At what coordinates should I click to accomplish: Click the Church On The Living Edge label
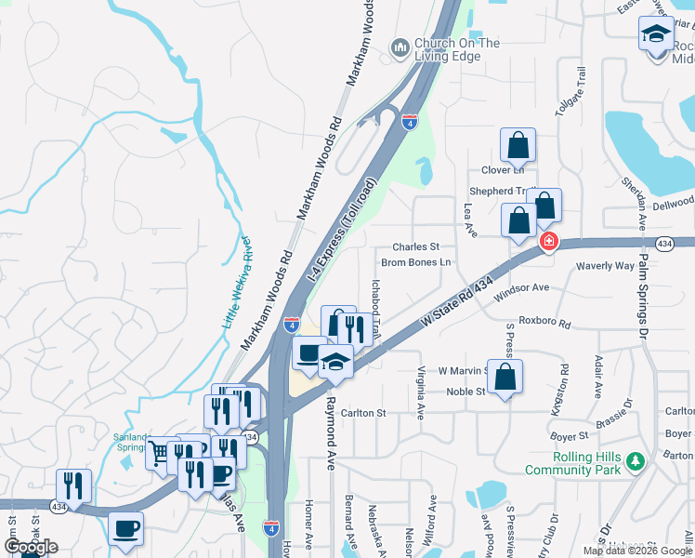456,49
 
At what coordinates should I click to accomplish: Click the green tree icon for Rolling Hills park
636,461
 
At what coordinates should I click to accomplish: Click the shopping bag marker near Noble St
505,378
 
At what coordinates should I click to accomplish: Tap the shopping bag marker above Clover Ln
518,146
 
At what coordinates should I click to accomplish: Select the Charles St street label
415,247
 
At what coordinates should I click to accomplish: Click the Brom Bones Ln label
415,262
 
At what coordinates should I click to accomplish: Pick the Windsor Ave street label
522,293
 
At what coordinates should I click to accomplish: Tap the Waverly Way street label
605,266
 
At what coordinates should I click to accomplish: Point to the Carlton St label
362,413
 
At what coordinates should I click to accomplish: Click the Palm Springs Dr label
642,279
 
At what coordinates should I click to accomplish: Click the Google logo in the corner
32,547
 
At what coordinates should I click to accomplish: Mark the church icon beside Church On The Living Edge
400,46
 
